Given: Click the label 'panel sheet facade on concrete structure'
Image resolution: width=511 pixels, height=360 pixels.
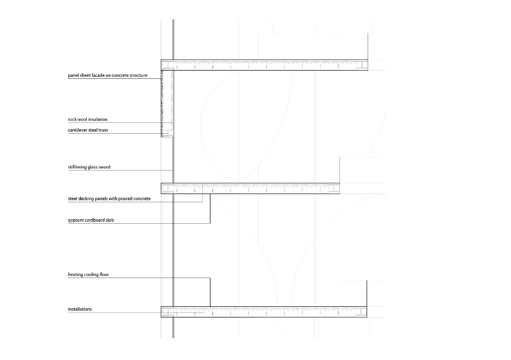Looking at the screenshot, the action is tap(108, 75).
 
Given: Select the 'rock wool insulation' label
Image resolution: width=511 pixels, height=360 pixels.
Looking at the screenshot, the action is tap(88, 119).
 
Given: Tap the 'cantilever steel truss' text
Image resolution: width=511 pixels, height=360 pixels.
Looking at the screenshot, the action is tap(88, 130).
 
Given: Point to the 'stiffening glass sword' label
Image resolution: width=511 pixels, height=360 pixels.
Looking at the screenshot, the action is tap(89, 167).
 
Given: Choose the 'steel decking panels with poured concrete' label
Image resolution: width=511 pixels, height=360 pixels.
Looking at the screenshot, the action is tap(109, 198).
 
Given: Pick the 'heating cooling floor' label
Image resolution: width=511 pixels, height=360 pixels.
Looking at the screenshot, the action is tap(89, 274).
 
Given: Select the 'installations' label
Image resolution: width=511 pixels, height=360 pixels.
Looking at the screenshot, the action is tap(80, 309).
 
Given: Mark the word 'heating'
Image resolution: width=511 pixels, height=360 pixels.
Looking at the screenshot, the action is tap(76, 274).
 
